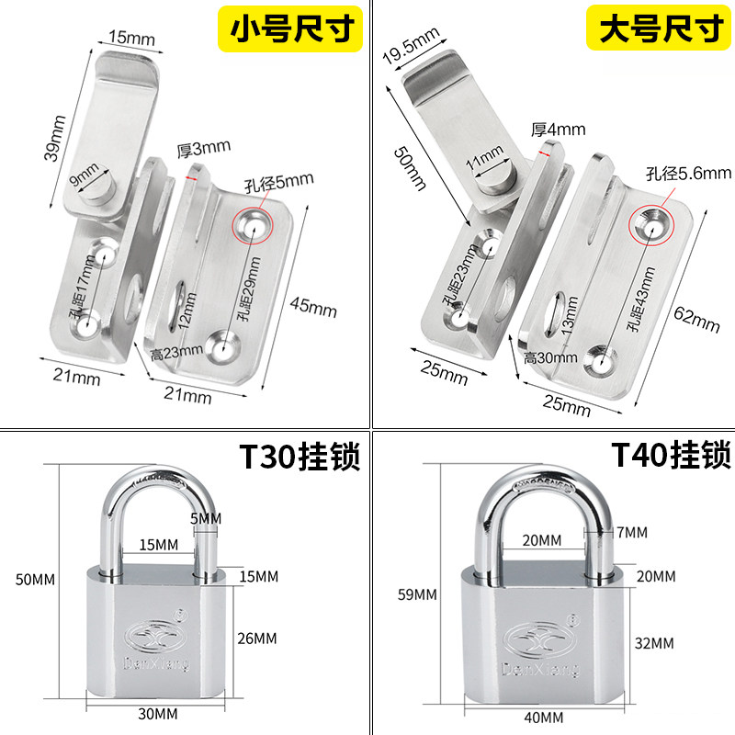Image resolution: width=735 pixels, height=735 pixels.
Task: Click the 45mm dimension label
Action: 312,306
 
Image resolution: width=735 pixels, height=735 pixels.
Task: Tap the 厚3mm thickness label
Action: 204,146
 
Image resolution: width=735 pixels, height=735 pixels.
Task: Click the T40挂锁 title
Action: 672,455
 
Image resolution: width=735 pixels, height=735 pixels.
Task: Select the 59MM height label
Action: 416,594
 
